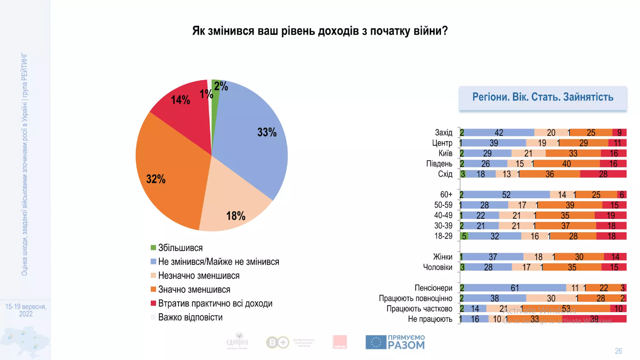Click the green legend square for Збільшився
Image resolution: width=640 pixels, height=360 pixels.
[153, 248]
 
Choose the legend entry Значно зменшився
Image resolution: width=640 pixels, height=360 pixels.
[194, 290]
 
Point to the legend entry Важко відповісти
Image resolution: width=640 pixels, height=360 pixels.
[190, 317]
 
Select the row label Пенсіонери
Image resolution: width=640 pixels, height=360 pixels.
[433, 288]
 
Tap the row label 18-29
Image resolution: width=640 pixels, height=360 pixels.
[443, 236]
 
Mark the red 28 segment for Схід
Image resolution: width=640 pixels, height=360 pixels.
[603, 174]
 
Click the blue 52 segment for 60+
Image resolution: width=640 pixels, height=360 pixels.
[506, 195]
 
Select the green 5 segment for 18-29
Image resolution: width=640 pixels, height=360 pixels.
[464, 236]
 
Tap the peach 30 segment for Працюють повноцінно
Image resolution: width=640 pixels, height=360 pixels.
[551, 298]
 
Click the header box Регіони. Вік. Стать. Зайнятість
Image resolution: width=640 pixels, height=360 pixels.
[543, 97]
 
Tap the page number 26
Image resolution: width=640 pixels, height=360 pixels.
[618, 351]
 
